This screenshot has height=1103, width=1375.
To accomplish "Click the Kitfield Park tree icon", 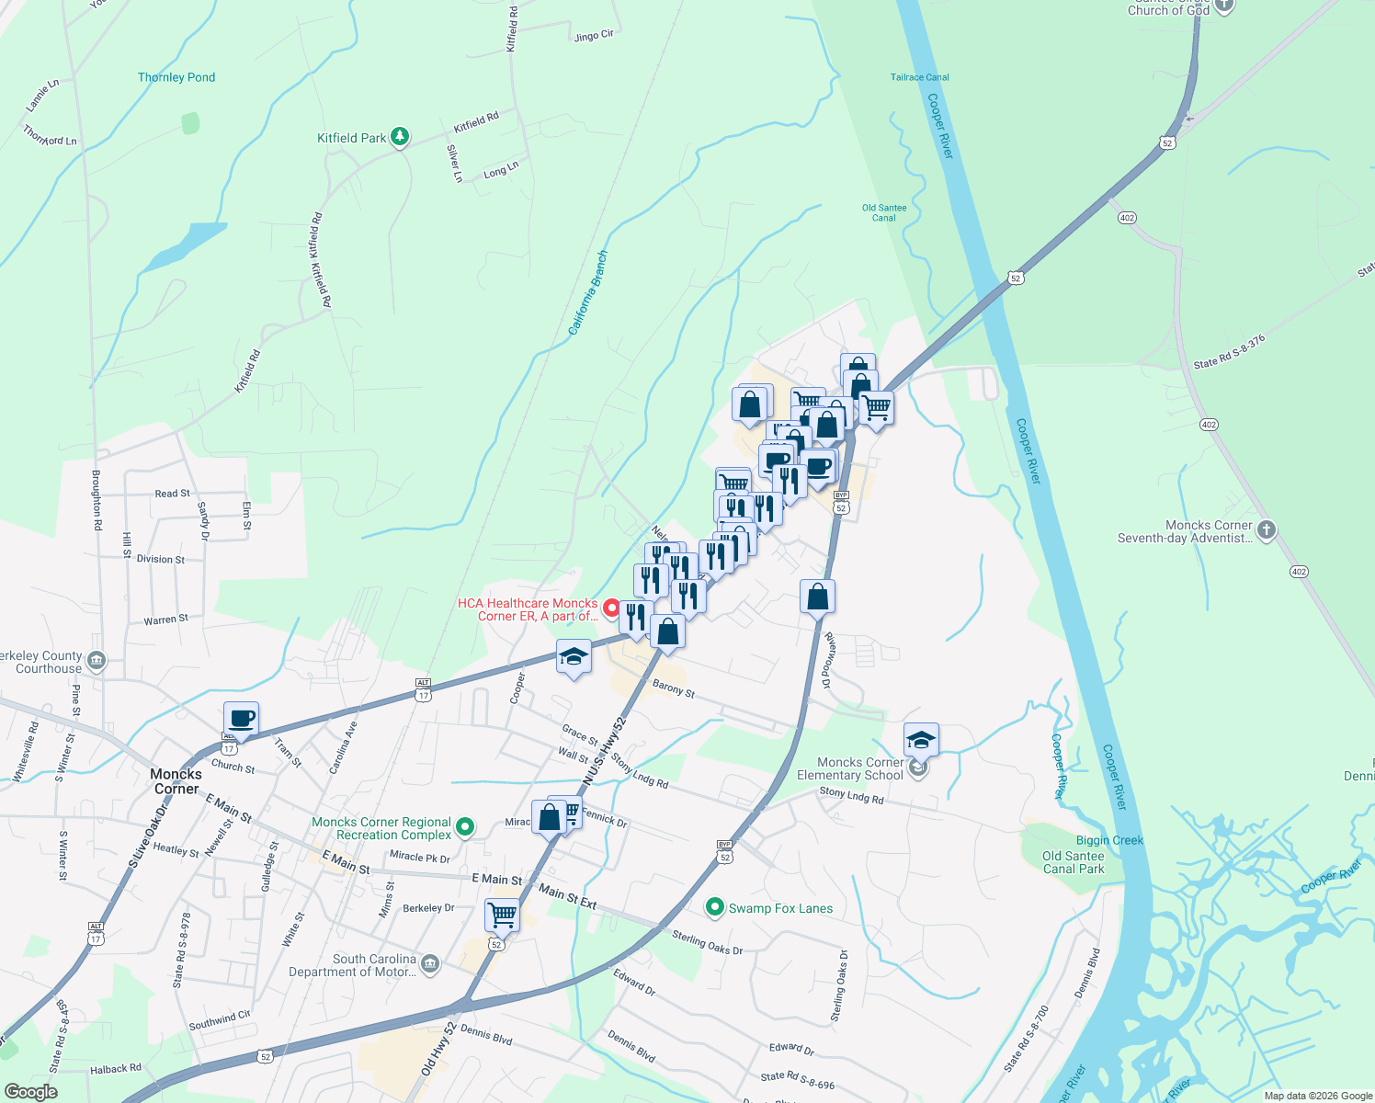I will click(400, 138).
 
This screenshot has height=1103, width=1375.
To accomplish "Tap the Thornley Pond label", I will click(176, 77).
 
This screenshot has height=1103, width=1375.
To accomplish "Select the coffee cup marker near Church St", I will click(241, 719).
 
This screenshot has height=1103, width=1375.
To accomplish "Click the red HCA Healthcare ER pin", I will click(610, 608).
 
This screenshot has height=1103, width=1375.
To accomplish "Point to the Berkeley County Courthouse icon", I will click(97, 661).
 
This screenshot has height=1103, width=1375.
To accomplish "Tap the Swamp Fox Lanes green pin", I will click(714, 908).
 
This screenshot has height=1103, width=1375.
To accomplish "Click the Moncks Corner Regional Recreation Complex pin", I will click(465, 827).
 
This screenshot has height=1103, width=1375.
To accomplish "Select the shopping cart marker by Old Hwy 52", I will click(502, 915).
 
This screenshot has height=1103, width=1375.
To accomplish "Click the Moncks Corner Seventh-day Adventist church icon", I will click(1267, 529).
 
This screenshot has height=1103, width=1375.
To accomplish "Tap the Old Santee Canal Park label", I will click(1073, 862).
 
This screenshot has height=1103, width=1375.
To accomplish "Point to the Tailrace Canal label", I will click(919, 77).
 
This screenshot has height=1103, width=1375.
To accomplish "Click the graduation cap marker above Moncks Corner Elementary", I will click(921, 740).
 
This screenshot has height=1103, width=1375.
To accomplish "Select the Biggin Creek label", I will click(1109, 840).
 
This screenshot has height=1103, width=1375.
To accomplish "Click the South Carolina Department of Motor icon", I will click(430, 963).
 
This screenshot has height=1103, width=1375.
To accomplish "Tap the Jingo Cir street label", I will click(593, 36).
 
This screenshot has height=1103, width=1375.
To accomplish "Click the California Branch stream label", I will click(587, 292).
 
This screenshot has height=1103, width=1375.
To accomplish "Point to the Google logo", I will click(31, 1092).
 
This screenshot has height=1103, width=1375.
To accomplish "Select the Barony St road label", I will click(674, 688).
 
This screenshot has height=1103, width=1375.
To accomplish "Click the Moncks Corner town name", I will click(176, 781).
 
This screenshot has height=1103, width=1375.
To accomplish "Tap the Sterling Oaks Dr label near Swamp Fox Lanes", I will click(707, 942).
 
